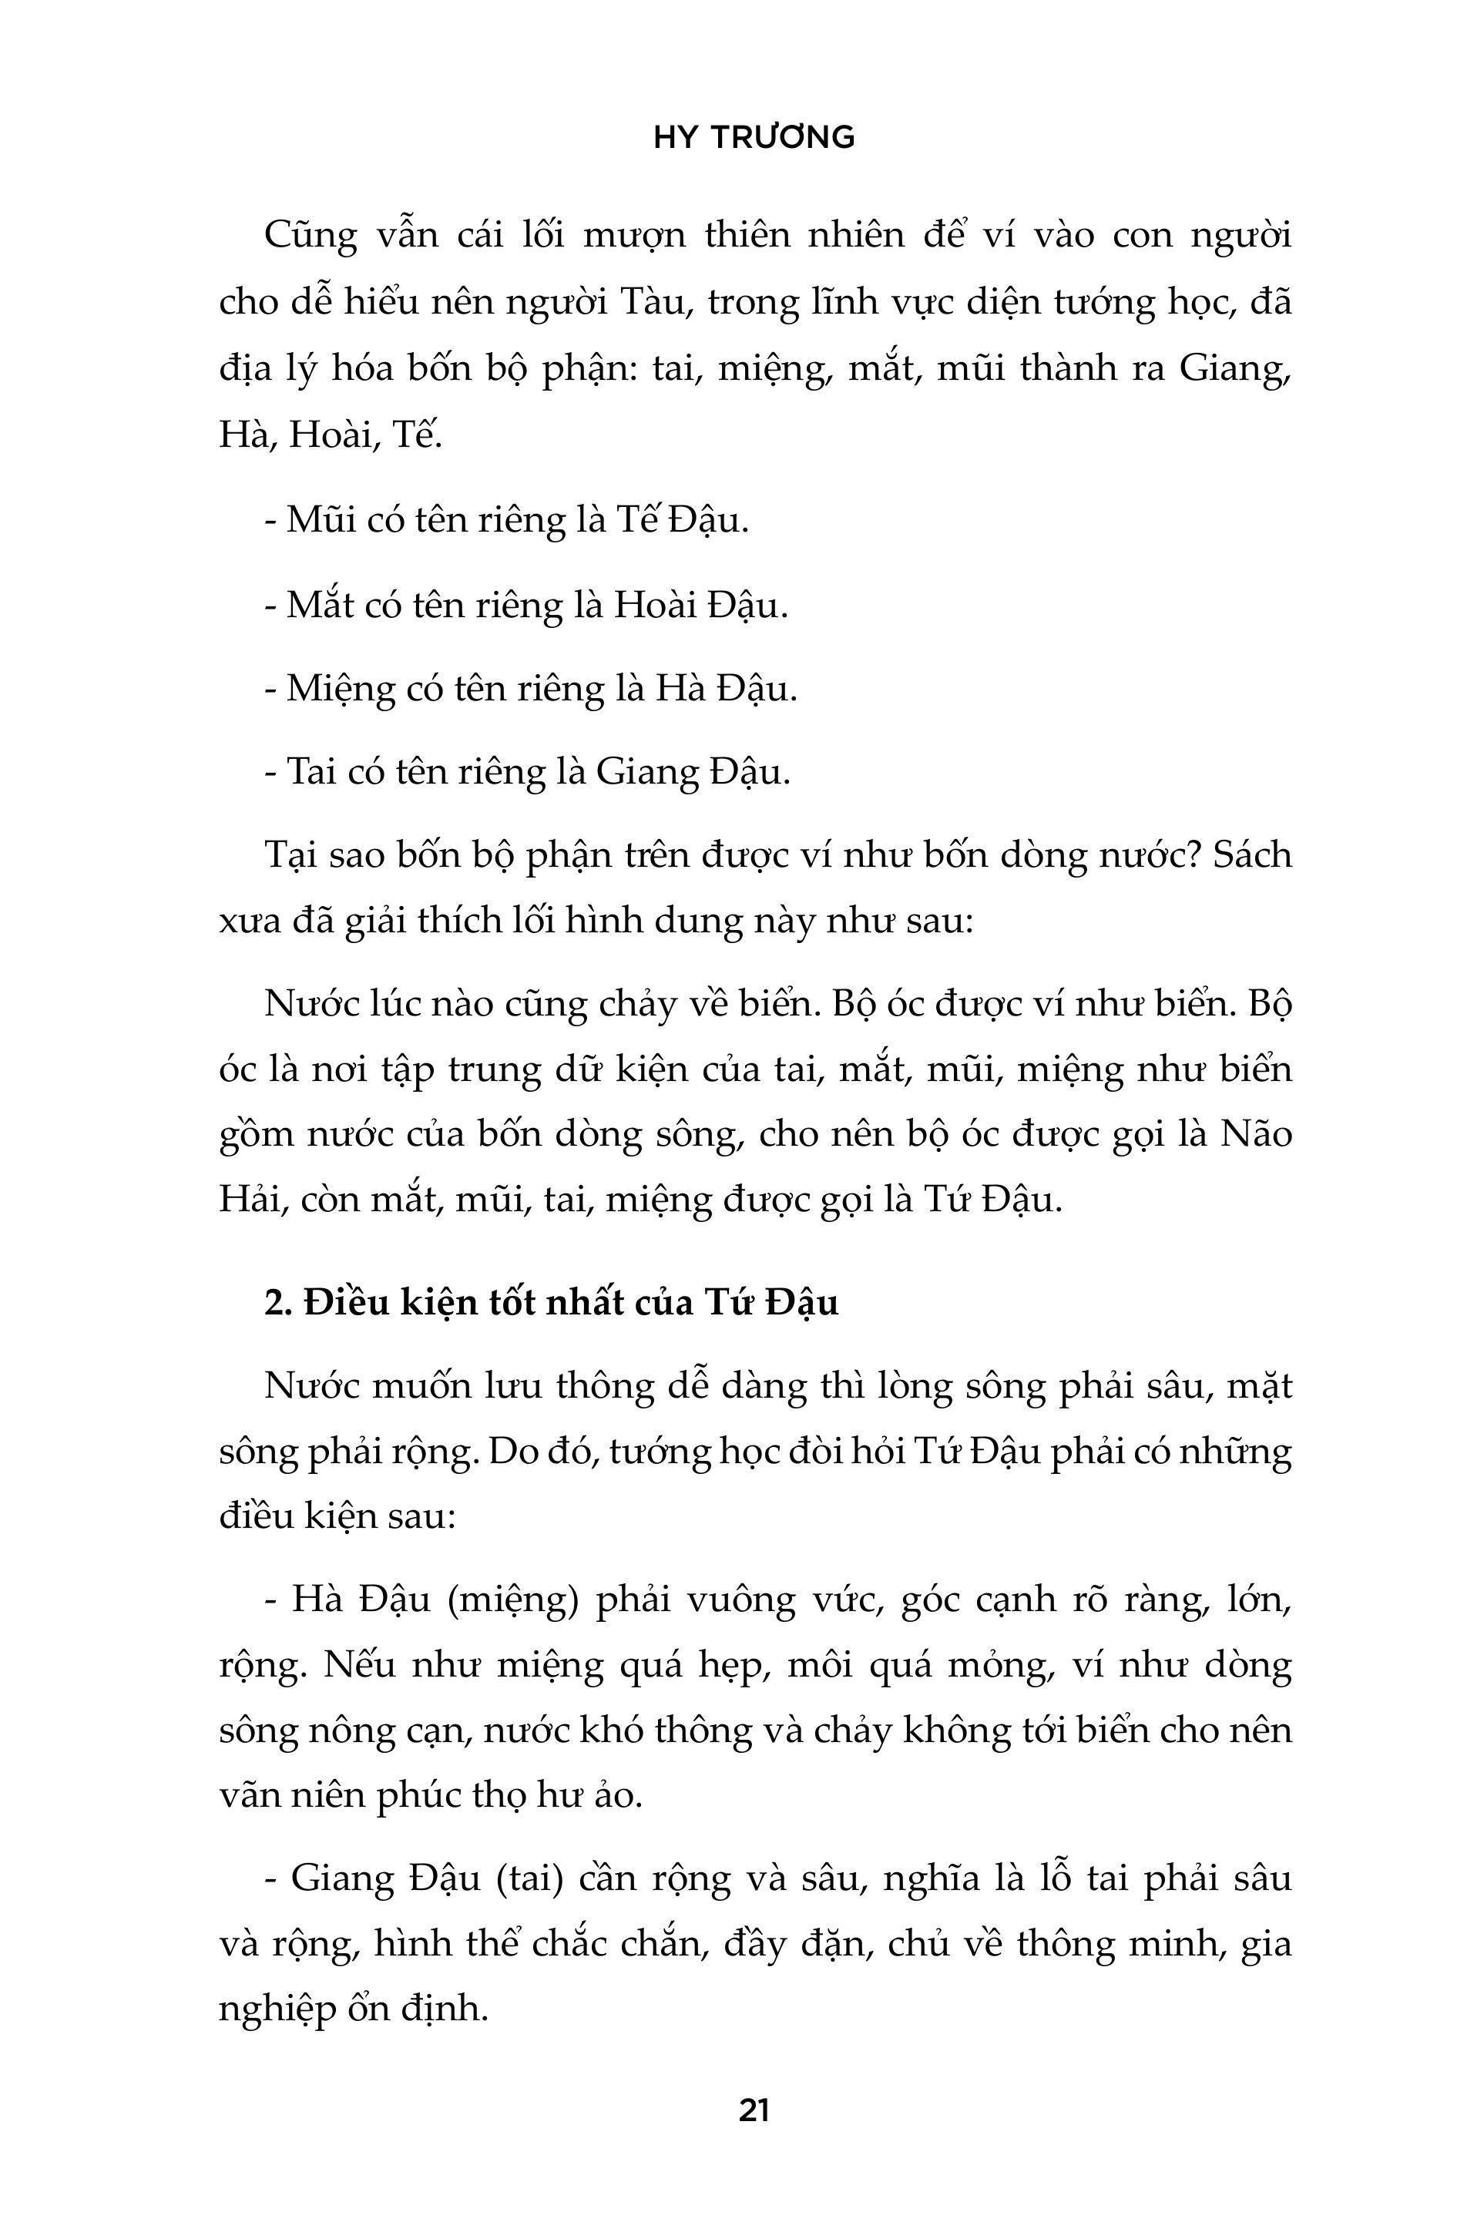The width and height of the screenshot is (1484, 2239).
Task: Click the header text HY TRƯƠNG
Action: click(754, 138)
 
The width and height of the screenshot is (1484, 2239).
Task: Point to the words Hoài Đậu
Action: click(700, 604)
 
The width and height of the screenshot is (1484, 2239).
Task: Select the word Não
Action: click(1256, 1133)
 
